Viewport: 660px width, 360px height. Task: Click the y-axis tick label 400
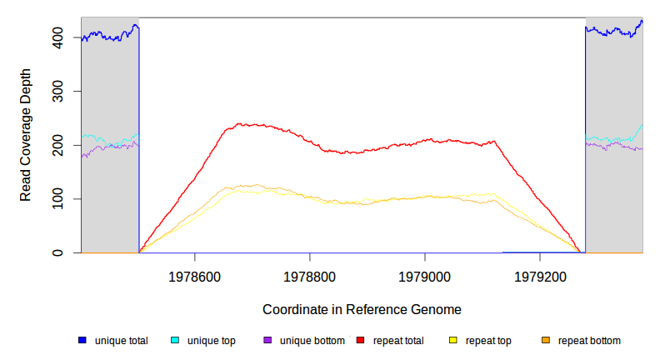62,37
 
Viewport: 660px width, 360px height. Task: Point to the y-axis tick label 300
62,91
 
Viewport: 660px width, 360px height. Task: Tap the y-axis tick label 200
62,145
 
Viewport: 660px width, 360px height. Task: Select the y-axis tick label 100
62,199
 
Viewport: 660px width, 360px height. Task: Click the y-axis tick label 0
62,252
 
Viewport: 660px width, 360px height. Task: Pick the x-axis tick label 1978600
195,274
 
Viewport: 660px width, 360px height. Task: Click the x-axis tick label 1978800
310,274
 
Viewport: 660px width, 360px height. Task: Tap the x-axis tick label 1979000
425,274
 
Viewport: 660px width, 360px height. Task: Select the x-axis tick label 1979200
540,274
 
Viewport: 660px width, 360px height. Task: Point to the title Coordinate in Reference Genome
362,309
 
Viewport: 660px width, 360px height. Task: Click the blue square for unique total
82,341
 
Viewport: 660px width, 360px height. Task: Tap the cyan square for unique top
175,341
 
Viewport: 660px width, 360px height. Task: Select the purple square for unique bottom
267,341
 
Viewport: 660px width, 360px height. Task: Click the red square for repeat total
360,341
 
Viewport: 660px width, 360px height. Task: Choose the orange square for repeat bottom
546,341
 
